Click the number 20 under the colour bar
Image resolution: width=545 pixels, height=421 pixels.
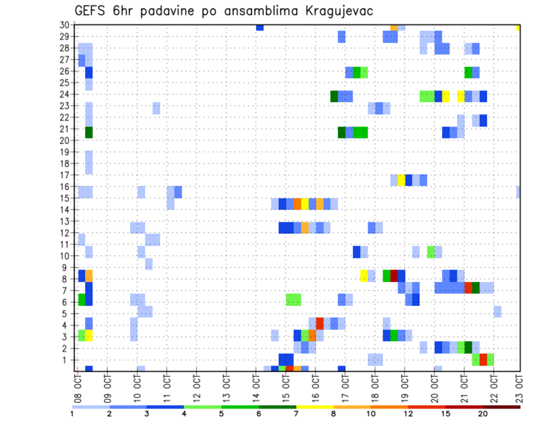[x=483, y=414]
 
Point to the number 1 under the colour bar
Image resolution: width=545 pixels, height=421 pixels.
[x=72, y=414]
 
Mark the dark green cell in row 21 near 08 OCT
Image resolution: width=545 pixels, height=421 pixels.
[x=89, y=132]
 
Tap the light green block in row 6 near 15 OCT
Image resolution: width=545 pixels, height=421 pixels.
[x=294, y=300]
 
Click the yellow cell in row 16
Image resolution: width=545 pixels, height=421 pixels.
[x=401, y=180]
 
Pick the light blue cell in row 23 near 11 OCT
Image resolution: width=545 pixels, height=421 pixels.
[x=156, y=108]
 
